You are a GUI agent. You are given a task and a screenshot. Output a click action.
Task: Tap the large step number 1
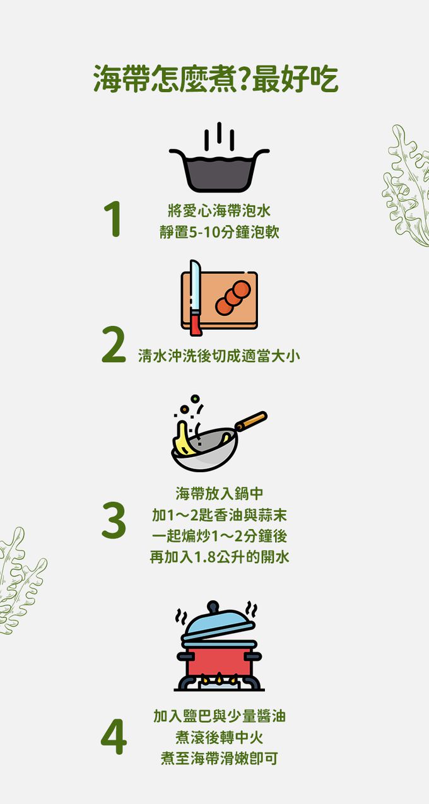tap(114, 220)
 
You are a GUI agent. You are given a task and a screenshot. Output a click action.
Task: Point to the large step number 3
tap(114, 521)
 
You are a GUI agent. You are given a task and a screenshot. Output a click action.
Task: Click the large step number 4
tap(114, 738)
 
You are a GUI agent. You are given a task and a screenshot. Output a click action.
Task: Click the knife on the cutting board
tap(196, 298)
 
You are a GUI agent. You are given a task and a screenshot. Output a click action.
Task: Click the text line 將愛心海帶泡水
tap(219, 210)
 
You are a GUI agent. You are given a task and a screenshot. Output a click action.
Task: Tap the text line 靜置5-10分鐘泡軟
tap(219, 232)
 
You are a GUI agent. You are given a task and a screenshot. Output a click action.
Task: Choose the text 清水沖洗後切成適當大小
tap(219, 356)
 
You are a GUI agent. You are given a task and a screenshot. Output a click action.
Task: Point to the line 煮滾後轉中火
tap(219, 737)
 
